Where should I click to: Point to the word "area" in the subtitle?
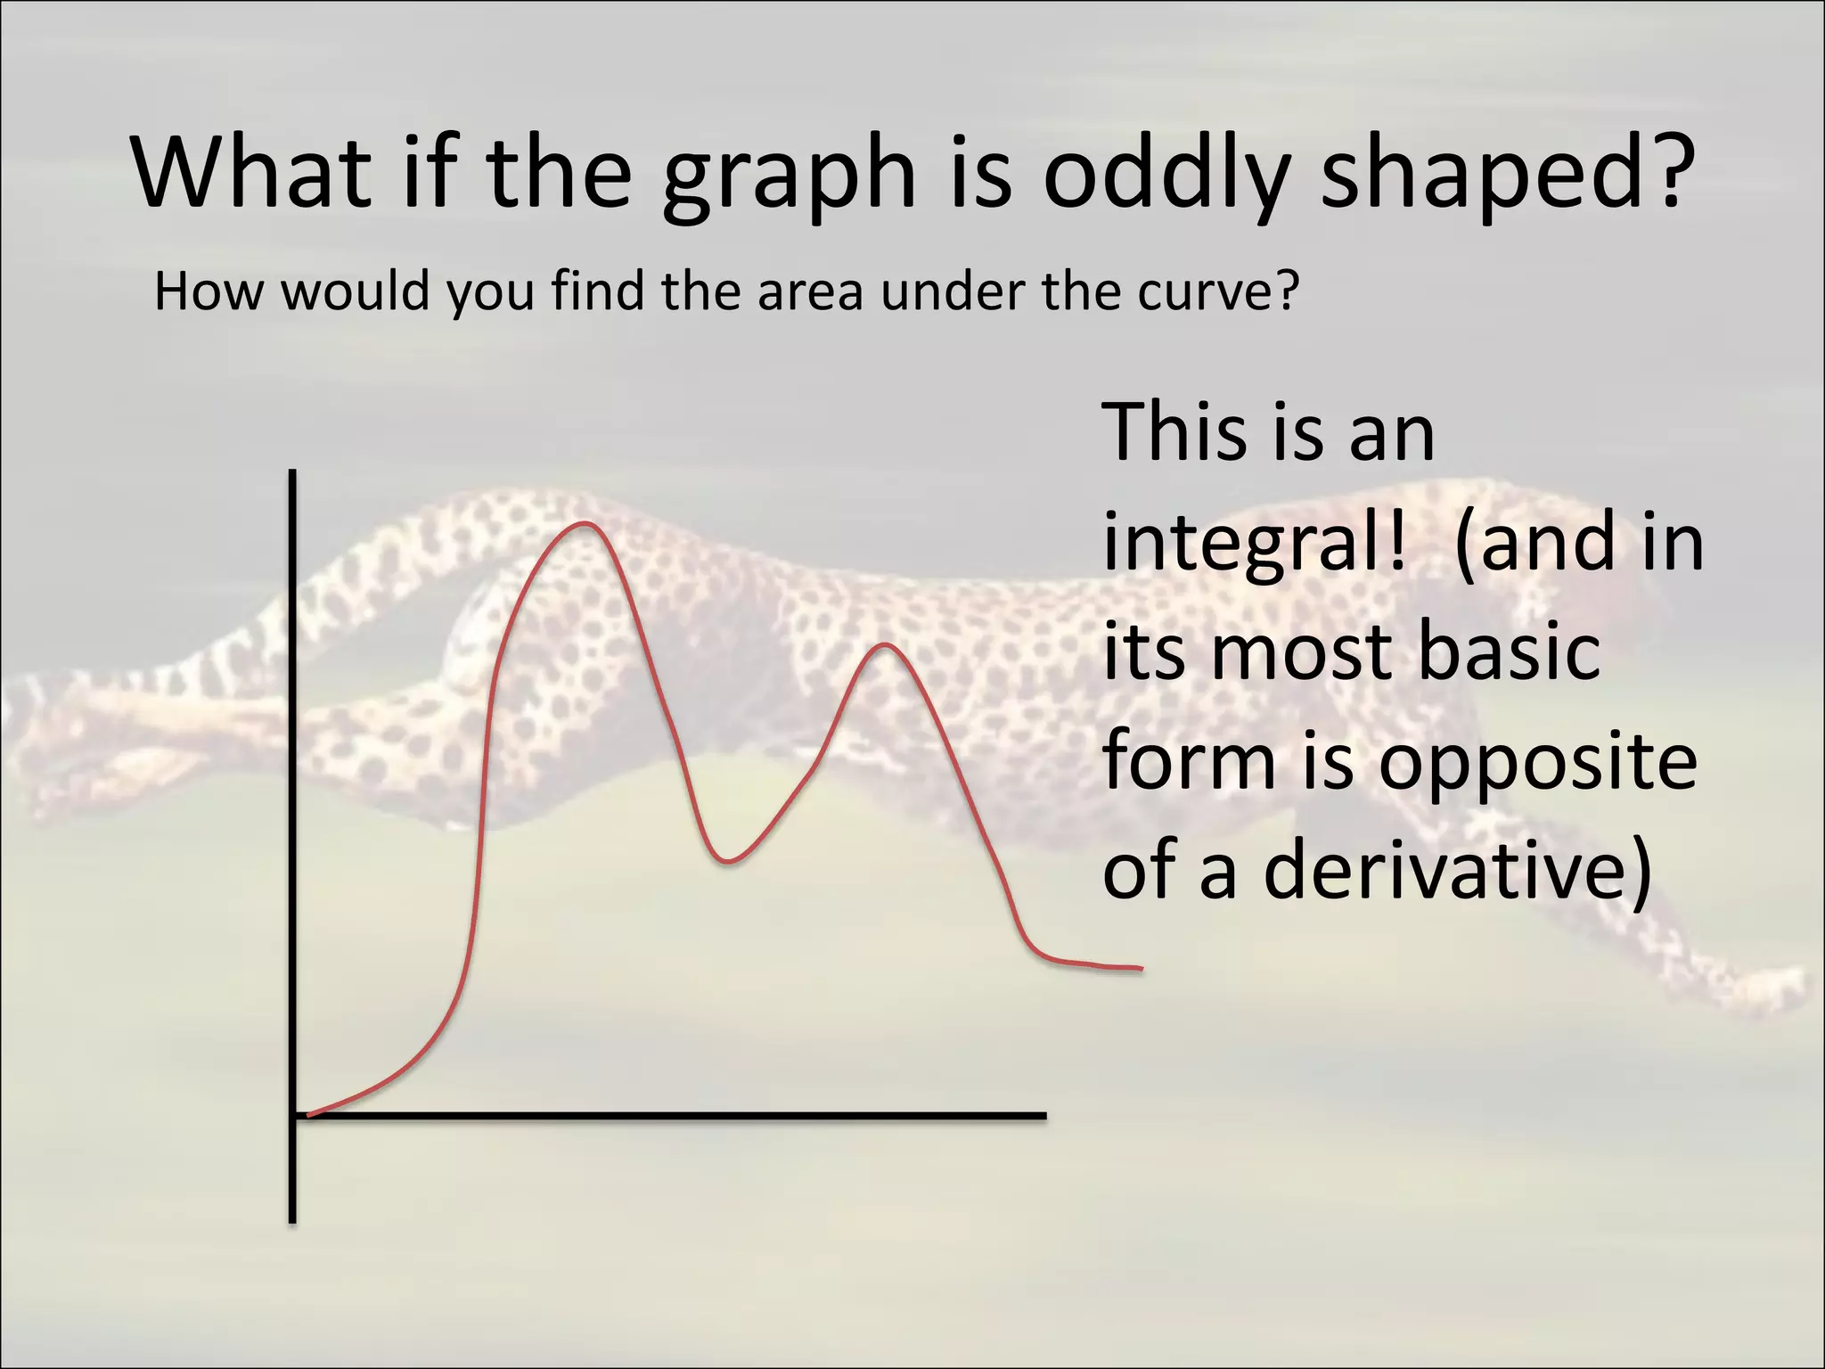(809, 292)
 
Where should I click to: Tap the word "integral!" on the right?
(1255, 545)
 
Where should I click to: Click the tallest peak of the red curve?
(585, 524)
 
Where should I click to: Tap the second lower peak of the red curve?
(884, 644)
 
